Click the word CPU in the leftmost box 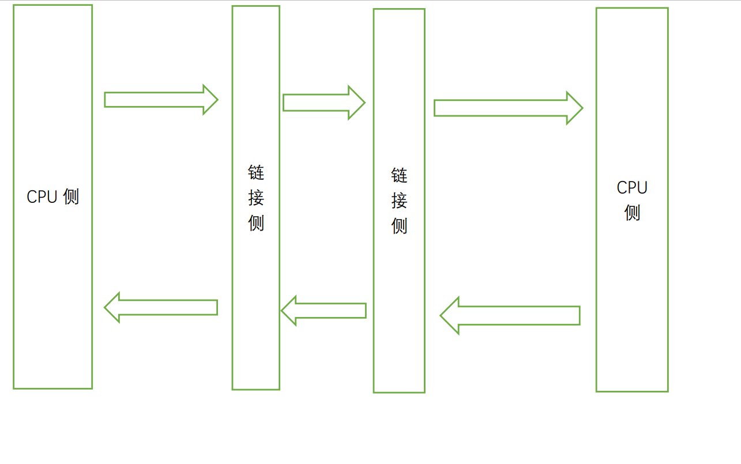(42, 197)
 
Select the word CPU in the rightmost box (632, 188)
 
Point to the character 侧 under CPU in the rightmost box (632, 213)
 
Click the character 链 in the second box (256, 172)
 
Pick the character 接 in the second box (256, 198)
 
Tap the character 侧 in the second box (256, 223)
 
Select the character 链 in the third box (399, 175)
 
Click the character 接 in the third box (399, 201)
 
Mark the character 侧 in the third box (399, 226)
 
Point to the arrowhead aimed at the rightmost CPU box (574, 108)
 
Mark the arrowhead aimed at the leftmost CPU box (112, 307)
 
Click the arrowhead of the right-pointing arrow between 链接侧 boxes (356, 103)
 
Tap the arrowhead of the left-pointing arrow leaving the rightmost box (450, 316)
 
